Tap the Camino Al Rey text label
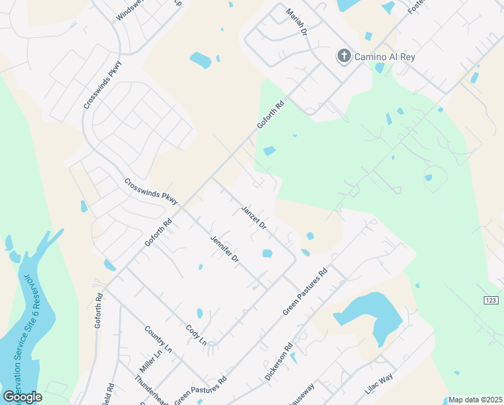[x=386, y=57]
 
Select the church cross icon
[x=344, y=56]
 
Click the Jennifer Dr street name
[x=224, y=248]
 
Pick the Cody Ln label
[x=196, y=335]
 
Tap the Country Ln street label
[x=158, y=340]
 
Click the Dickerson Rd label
[x=278, y=362]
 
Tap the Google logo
[x=22, y=397]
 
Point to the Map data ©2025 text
[x=475, y=400]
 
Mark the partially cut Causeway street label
[x=303, y=396]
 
